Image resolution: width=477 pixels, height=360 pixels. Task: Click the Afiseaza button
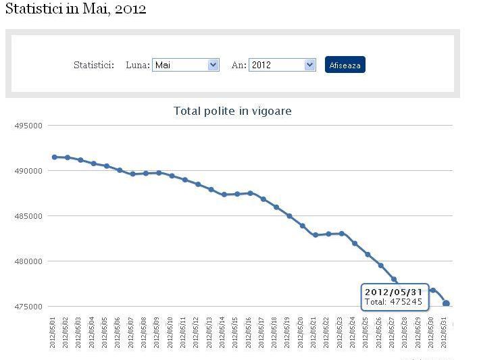[345, 65]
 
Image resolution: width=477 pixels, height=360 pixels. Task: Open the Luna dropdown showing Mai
[186, 65]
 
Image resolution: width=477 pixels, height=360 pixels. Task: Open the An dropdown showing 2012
[282, 65]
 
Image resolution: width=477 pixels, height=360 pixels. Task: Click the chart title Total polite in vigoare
[232, 111]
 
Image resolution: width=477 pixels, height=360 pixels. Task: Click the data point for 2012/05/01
[55, 157]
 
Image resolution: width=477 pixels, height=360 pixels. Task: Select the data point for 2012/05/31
[446, 303]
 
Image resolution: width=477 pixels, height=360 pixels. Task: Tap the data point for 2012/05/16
[250, 193]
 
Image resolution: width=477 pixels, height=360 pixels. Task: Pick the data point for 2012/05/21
[316, 235]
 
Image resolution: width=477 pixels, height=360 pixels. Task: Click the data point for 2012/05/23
[342, 234]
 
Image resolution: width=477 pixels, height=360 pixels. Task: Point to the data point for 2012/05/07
[132, 174]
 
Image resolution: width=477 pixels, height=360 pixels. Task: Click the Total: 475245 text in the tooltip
[393, 302]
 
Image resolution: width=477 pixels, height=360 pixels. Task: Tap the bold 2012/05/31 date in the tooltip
[393, 292]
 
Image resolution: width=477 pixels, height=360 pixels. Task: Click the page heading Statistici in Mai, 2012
[75, 9]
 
